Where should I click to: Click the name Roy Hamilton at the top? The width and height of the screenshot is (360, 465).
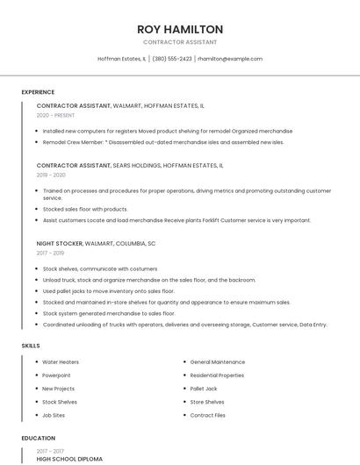(x=180, y=29)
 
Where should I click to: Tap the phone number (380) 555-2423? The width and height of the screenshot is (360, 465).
(x=172, y=59)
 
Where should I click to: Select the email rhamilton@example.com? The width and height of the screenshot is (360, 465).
(x=230, y=59)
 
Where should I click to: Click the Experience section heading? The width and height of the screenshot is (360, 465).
(x=38, y=92)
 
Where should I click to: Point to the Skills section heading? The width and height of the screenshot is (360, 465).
(x=31, y=346)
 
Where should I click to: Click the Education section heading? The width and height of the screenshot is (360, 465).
(x=38, y=438)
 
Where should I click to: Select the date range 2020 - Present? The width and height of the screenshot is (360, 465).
(x=55, y=115)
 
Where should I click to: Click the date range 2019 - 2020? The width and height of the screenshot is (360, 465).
(x=52, y=175)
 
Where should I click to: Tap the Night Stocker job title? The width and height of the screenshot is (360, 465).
(x=60, y=243)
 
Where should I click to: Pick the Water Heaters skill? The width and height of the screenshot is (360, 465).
(x=61, y=361)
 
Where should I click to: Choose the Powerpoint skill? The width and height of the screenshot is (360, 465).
(x=56, y=375)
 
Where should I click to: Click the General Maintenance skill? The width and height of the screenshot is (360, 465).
(x=218, y=361)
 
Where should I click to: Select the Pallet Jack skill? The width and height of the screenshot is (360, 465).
(x=204, y=389)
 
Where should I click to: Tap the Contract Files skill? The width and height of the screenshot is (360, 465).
(x=208, y=415)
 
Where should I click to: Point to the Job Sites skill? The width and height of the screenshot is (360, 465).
(x=54, y=415)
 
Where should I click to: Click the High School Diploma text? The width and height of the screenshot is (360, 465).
(x=69, y=459)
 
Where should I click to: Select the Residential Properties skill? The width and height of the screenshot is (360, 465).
(x=217, y=375)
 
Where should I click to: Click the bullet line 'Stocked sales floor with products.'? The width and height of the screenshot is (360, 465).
(x=85, y=209)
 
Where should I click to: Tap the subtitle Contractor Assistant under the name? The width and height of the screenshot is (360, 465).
(x=180, y=42)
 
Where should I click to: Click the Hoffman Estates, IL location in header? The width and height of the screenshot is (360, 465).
(x=121, y=59)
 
